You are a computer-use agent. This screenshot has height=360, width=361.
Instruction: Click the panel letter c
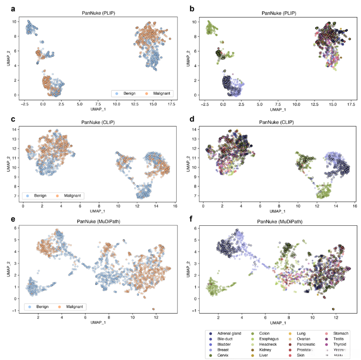point(7,120)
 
